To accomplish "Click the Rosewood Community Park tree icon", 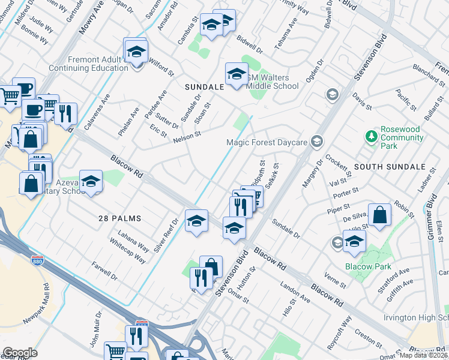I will [x=372, y=136].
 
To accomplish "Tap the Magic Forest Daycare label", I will [x=267, y=142].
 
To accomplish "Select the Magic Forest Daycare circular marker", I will [x=318, y=142].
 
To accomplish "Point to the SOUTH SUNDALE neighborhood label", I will [x=382, y=166].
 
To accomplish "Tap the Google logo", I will [x=20, y=353].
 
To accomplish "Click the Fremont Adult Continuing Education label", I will [x=98, y=64].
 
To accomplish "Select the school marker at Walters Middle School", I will [x=237, y=74].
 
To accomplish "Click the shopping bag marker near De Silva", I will [x=380, y=215].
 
